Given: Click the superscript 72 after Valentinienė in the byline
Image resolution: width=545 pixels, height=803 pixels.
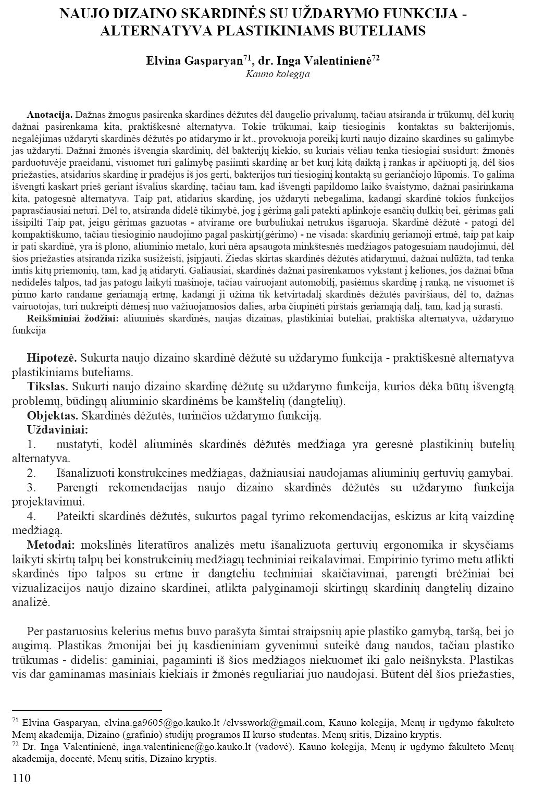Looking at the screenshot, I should click(375, 58).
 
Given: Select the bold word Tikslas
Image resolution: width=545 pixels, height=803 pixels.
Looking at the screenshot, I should click(47, 387).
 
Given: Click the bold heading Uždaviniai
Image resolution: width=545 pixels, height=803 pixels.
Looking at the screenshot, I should click(57, 430).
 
